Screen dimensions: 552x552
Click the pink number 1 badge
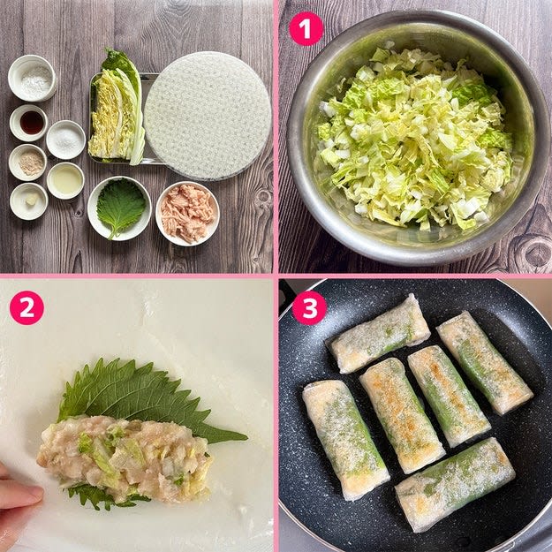click(306, 29)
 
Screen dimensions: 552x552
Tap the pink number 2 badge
click(26, 307)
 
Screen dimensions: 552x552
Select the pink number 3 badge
click(309, 307)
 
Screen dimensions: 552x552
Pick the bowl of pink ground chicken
click(187, 214)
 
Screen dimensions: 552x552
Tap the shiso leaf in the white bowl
click(120, 208)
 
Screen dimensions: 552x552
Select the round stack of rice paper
click(208, 116)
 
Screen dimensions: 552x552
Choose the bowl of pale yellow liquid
click(65, 180)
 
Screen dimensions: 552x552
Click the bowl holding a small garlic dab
click(29, 201)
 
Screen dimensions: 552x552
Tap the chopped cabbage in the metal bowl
click(415, 139)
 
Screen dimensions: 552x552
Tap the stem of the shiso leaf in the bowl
click(113, 234)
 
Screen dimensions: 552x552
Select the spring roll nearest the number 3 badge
click(380, 334)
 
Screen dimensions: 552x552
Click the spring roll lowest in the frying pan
click(455, 484)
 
